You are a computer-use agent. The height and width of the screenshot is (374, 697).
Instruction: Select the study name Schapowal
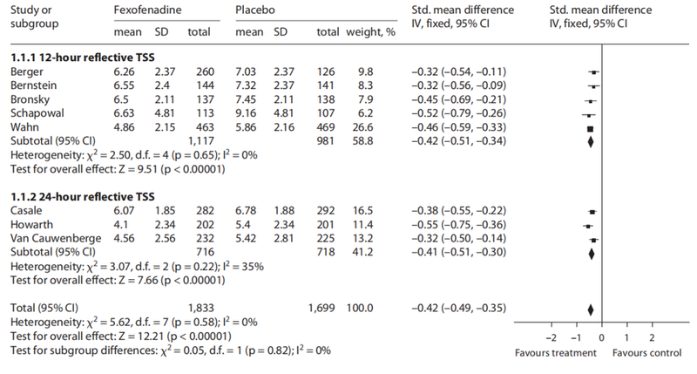[35, 113]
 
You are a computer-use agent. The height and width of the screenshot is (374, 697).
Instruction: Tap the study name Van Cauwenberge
[51, 239]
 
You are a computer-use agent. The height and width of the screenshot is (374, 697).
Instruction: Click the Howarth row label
[30, 225]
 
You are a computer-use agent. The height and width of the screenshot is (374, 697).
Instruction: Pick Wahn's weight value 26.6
[359, 127]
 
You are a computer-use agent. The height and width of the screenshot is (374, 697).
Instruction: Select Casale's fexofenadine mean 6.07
[125, 211]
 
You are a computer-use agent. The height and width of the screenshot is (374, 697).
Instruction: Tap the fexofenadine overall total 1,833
[201, 308]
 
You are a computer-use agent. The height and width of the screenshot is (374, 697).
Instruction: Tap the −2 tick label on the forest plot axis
[551, 336]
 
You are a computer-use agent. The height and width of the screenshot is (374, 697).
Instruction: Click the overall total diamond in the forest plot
[591, 309]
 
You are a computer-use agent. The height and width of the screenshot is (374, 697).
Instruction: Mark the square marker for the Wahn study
[590, 127]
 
